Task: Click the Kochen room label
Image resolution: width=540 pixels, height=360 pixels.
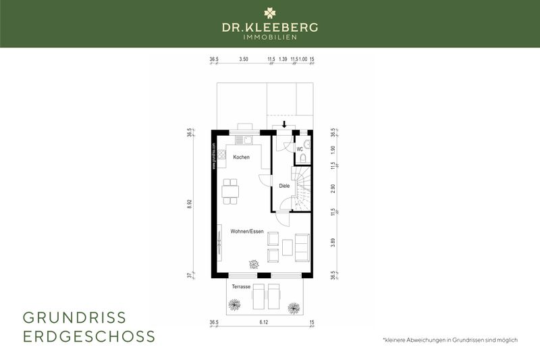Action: tap(241, 157)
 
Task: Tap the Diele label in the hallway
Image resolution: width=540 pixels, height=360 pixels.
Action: tap(284, 186)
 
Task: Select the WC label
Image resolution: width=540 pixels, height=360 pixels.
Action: tap(299, 149)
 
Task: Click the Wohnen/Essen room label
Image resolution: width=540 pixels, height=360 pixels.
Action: tap(246, 232)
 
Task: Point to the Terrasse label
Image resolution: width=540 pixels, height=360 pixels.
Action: tap(241, 287)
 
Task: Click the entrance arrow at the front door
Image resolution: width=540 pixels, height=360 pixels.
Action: tap(285, 124)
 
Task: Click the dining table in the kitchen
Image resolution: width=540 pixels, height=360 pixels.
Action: tap(230, 191)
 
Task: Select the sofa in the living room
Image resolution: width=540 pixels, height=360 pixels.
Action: tap(302, 248)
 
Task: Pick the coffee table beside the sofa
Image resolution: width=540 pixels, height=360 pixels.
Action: tap(288, 247)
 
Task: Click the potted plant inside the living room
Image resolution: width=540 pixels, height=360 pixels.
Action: tap(253, 264)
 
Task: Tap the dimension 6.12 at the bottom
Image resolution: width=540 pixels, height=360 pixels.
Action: tap(263, 323)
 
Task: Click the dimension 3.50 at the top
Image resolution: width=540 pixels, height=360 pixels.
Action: tap(244, 59)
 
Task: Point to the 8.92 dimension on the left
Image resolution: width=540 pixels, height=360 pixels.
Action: tap(190, 202)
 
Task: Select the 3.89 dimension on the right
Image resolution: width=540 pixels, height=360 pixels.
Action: tap(333, 241)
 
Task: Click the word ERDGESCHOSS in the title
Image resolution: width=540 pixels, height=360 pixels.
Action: tap(89, 336)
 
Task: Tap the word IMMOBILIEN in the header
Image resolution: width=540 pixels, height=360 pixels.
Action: tap(270, 36)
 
